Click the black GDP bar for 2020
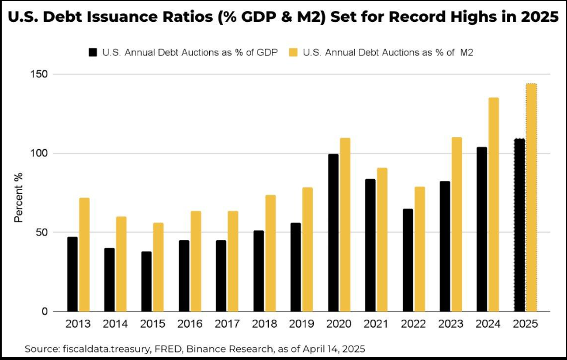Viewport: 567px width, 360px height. click(334, 232)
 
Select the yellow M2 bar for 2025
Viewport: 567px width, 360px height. click(531, 198)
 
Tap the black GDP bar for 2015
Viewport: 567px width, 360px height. click(146, 281)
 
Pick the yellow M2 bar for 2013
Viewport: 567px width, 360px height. click(84, 255)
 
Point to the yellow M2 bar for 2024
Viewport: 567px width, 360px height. click(494, 204)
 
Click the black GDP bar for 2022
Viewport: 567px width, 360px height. click(408, 260)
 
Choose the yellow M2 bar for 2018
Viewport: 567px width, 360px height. click(270, 253)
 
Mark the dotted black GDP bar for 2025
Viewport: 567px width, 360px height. click(519, 225)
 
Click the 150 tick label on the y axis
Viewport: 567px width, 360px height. click(40, 74)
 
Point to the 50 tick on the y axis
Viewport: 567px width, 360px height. click(43, 232)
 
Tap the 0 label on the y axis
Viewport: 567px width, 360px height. click(45, 311)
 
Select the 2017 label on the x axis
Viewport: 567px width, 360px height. click(227, 324)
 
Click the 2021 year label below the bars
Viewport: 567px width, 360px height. click(376, 324)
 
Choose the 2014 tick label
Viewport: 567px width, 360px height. click(115, 324)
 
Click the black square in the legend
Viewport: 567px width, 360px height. click(93, 52)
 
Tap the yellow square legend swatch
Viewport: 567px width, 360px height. click(293, 52)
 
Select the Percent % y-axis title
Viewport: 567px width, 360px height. click(18, 198)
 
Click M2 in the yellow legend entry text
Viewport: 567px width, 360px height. click(467, 52)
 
